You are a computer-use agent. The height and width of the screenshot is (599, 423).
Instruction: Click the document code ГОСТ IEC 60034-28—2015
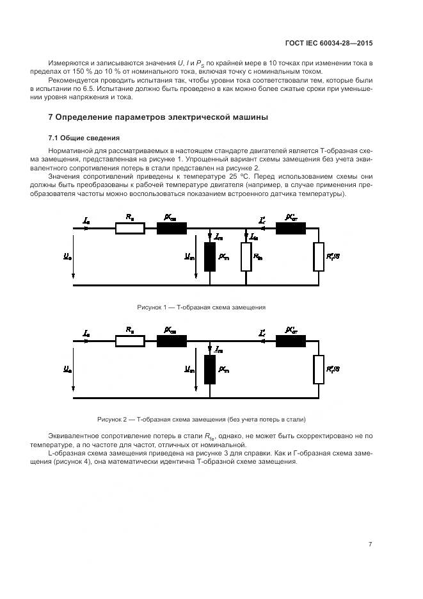point(329,43)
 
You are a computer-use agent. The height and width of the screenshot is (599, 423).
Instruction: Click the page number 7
point(370,545)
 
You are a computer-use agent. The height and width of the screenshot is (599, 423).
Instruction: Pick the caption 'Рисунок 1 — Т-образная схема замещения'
point(202,308)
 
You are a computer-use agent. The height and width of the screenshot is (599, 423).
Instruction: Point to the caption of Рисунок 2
point(202,420)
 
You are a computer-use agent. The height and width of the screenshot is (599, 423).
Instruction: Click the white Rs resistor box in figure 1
point(130,229)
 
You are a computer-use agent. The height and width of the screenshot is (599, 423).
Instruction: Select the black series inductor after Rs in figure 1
point(172,229)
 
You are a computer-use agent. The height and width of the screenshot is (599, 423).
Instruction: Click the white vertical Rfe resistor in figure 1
point(246,257)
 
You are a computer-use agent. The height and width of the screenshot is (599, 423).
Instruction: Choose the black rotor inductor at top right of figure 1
point(290,229)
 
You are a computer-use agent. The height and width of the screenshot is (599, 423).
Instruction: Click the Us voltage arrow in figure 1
point(74,256)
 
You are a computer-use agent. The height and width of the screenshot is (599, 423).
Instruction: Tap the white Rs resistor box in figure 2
point(130,341)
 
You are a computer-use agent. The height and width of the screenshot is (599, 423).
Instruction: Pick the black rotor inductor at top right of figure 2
point(290,341)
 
